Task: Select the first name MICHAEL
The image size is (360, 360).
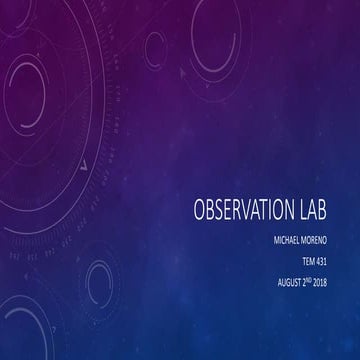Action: [x=284, y=240]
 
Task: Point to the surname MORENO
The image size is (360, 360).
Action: [x=321, y=240]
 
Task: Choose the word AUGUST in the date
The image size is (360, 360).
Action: [x=290, y=280]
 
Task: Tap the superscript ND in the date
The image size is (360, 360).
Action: [x=317, y=278]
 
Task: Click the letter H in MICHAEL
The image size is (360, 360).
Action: [x=283, y=240]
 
